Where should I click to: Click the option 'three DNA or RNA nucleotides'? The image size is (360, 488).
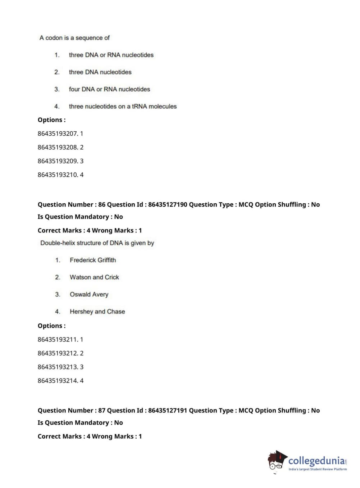pyautogui.click(x=111, y=55)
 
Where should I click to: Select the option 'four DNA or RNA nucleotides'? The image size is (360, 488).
pyautogui.click(x=109, y=89)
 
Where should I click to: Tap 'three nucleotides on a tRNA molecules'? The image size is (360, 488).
pyautogui.click(x=123, y=107)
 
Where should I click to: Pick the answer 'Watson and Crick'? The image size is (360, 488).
pyautogui.click(x=94, y=277)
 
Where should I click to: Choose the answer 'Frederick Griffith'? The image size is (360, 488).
pyautogui.click(x=93, y=260)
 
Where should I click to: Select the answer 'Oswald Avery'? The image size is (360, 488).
pyautogui.click(x=89, y=294)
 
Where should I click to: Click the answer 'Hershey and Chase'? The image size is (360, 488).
pyautogui.click(x=97, y=312)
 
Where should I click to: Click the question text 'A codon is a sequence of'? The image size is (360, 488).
pyautogui.click(x=74, y=38)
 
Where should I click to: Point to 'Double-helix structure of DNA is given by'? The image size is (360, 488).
pyautogui.click(x=97, y=243)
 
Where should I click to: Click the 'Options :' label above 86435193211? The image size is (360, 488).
pyautogui.click(x=51, y=326)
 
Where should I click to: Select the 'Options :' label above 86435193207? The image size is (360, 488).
pyautogui.click(x=51, y=120)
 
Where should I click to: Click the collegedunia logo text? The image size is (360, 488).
pyautogui.click(x=316, y=461)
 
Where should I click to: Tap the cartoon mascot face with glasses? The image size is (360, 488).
pyautogui.click(x=276, y=462)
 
